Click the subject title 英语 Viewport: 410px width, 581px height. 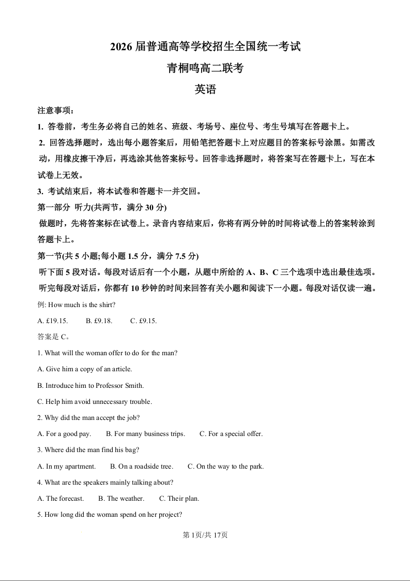pyautogui.click(x=205, y=89)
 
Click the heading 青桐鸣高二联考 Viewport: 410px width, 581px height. pyautogui.click(x=205, y=68)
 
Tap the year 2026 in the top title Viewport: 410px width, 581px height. pyautogui.click(x=122, y=47)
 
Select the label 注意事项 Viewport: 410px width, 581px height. pyautogui.click(x=56, y=110)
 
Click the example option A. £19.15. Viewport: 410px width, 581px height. pyautogui.click(x=52, y=321)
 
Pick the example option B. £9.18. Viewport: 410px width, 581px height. pyautogui.click(x=99, y=321)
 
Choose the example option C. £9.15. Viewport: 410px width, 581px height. pyautogui.click(x=143, y=321)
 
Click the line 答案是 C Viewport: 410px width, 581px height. pyautogui.click(x=53, y=337)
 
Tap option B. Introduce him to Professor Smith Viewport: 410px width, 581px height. pyautogui.click(x=90, y=385)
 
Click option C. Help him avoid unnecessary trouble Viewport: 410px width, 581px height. pyautogui.click(x=95, y=401)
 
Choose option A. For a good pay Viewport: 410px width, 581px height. pyautogui.click(x=64, y=434)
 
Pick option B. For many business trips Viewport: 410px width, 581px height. pyautogui.click(x=145, y=434)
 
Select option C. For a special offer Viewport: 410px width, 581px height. pyautogui.click(x=231, y=434)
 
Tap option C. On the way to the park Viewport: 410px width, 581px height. pyautogui.click(x=226, y=466)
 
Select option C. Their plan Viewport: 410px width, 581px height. pyautogui.click(x=179, y=499)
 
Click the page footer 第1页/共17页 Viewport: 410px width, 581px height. pyautogui.click(x=205, y=535)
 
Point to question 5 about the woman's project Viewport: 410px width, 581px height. pyautogui.click(x=110, y=515)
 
